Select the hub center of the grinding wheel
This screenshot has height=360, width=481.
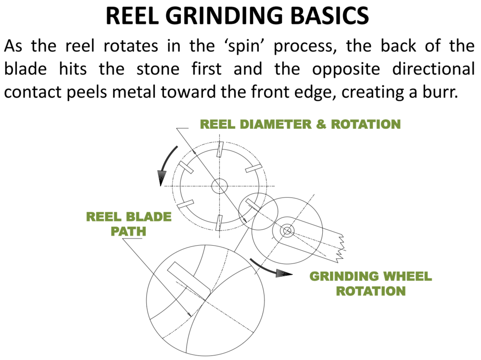coord(287,231)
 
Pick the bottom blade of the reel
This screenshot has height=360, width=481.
coord(219,222)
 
